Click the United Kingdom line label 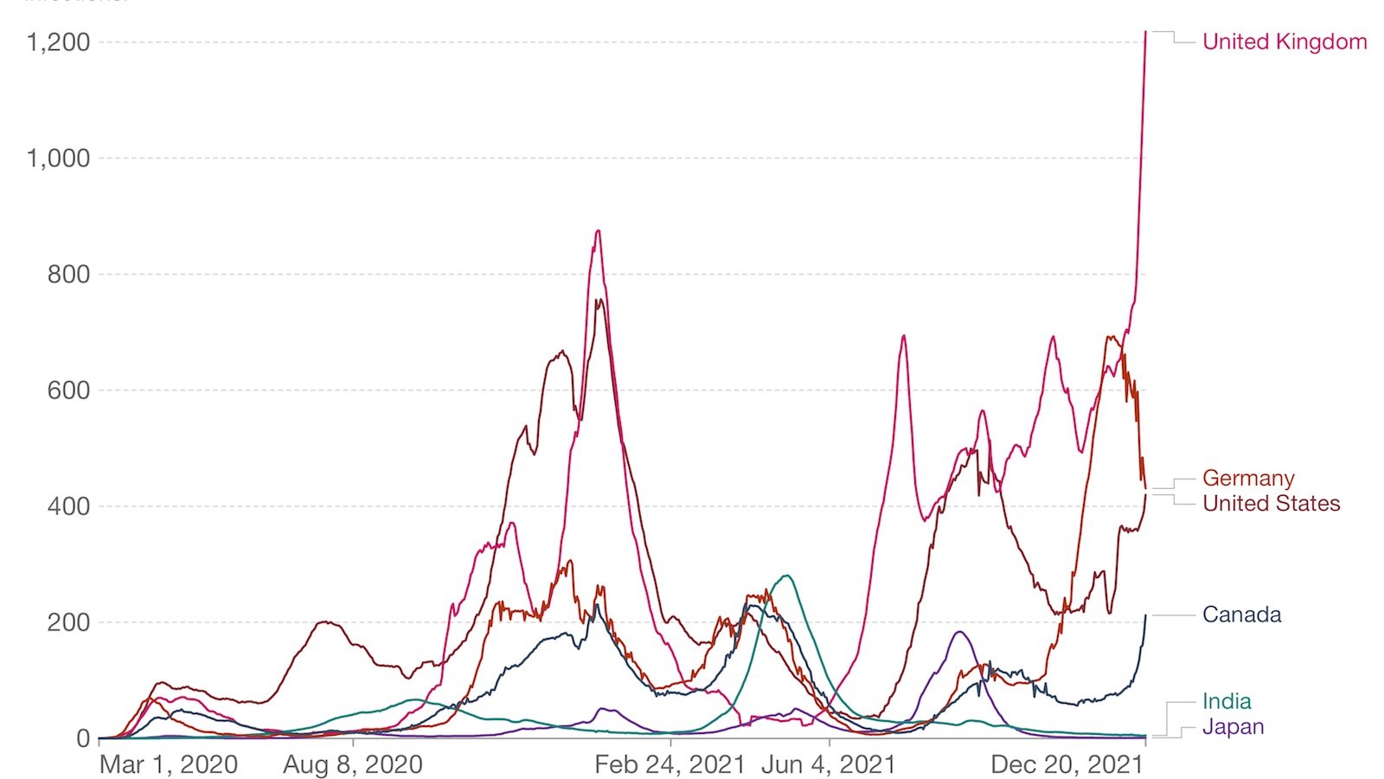(x=1285, y=42)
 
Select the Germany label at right (x=1248, y=479)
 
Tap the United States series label (x=1271, y=504)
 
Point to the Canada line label (x=1241, y=615)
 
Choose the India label (x=1227, y=701)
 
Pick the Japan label (x=1233, y=727)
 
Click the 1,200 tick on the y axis (x=58, y=42)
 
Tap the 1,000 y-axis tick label (x=58, y=158)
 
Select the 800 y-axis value (x=68, y=274)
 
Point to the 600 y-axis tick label (x=68, y=390)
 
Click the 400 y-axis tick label (x=68, y=506)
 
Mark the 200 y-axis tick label (x=68, y=622)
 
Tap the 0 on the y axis (x=83, y=738)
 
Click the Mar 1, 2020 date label (x=169, y=764)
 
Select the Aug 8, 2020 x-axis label (x=353, y=764)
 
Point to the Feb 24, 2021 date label (x=670, y=764)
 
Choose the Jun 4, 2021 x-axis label (x=829, y=764)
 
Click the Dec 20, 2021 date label (x=1067, y=764)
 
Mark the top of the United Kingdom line (x=1145, y=33)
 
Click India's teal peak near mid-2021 (x=786, y=576)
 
